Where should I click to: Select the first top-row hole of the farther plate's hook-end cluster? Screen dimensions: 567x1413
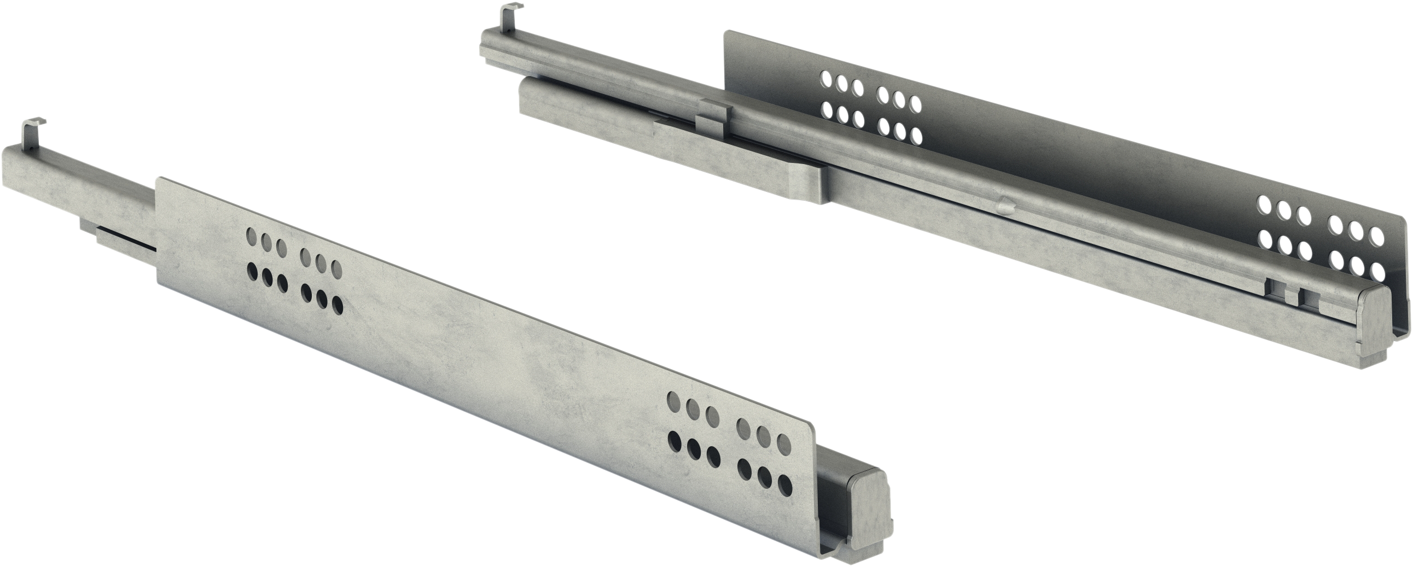click(827, 80)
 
